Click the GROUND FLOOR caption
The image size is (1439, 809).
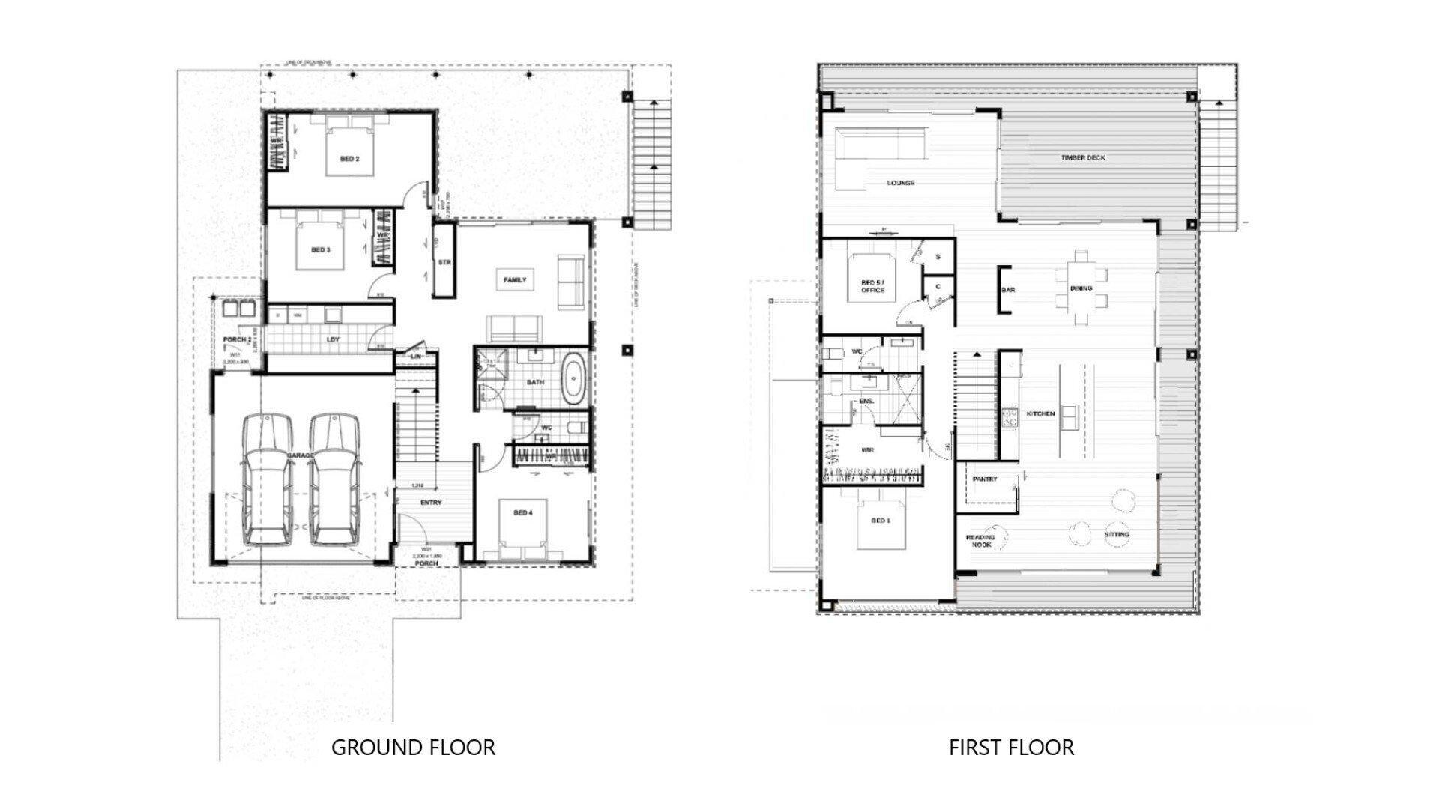click(x=413, y=748)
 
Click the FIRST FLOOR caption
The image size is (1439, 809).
click(x=1011, y=748)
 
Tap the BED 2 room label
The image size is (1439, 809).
click(x=349, y=159)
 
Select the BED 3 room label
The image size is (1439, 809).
click(x=320, y=249)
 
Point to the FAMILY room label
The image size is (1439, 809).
click(x=515, y=280)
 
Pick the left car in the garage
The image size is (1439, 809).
click(x=268, y=479)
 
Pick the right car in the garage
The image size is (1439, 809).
click(x=334, y=479)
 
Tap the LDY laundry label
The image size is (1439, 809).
click(x=333, y=339)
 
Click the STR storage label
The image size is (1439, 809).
click(x=444, y=263)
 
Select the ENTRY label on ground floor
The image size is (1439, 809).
click(x=431, y=503)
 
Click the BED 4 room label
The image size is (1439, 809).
click(x=522, y=512)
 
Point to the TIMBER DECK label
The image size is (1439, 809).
click(x=1082, y=158)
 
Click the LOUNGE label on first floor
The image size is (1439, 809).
click(x=900, y=183)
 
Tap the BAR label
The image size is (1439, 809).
click(x=1008, y=289)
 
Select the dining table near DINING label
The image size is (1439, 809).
click(x=1080, y=288)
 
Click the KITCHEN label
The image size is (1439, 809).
click(x=1041, y=413)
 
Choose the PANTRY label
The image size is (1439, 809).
click(x=984, y=479)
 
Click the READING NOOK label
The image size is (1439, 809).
click(x=980, y=541)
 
